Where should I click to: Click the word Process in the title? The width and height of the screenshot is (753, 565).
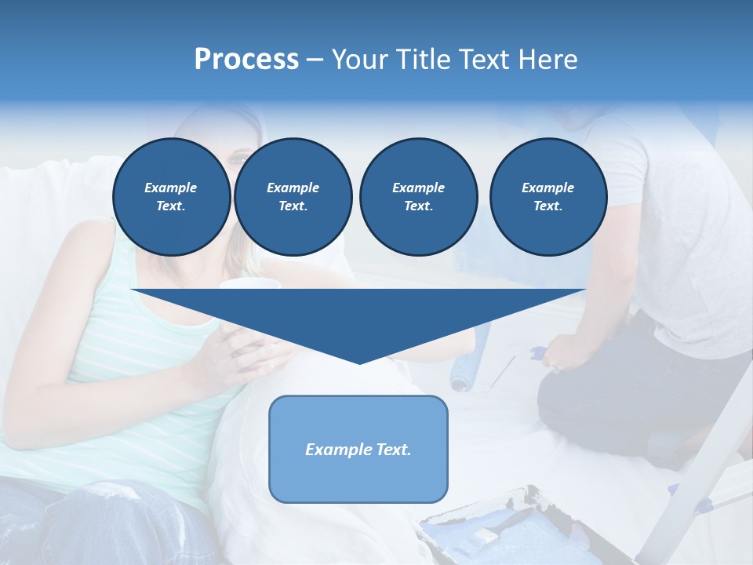click(x=246, y=59)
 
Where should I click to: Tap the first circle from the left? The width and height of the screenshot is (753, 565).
click(x=171, y=197)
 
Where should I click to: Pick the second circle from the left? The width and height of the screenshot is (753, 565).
click(x=293, y=197)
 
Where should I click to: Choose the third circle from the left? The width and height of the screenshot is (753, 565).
click(x=418, y=197)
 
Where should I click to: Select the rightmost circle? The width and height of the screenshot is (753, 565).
click(x=547, y=197)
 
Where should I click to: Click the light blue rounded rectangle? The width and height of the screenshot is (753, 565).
click(x=358, y=479)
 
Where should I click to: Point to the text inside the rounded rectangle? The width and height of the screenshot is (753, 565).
click(x=358, y=450)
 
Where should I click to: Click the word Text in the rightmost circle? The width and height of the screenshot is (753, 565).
click(x=547, y=206)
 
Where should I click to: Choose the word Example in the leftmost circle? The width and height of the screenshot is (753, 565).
click(x=171, y=188)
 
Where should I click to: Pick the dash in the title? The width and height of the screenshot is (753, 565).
click(x=315, y=60)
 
